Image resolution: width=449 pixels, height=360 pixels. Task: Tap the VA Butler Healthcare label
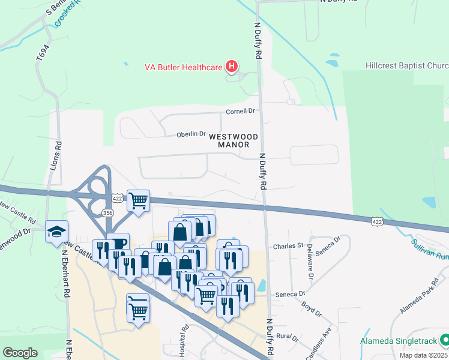pyautogui.click(x=183, y=67)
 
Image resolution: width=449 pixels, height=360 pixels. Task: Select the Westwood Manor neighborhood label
pyautogui.click(x=234, y=141)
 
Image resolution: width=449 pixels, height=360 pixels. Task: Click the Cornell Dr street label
pyautogui.click(x=240, y=111)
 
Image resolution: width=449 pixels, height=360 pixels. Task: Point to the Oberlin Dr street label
pyautogui.click(x=191, y=134)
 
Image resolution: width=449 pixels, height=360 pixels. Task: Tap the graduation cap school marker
pyautogui.click(x=56, y=231)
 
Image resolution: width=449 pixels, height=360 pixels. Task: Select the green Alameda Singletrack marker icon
pyautogui.click(x=444, y=341)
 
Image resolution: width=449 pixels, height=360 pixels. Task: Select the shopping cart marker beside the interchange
pyautogui.click(x=139, y=200)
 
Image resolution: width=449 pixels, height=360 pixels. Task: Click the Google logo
pyautogui.click(x=20, y=353)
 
